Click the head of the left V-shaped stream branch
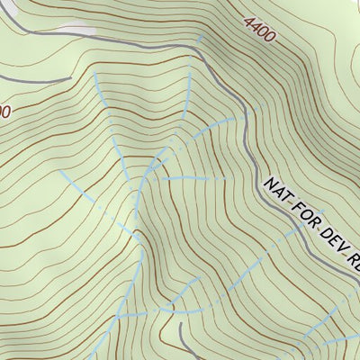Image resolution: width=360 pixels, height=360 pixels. tap(96, 76)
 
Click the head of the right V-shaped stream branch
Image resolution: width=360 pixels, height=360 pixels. tap(191, 76)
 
